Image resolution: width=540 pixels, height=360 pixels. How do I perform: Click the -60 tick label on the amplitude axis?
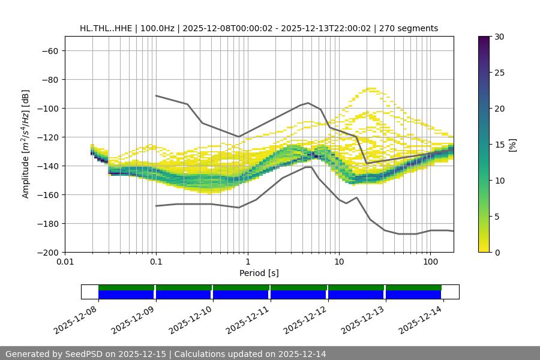(49, 50)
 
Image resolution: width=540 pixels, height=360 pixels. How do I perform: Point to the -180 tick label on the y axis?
(47, 223)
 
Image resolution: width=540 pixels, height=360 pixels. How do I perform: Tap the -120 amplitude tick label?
(47, 137)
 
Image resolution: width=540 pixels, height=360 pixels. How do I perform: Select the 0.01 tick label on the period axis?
(65, 262)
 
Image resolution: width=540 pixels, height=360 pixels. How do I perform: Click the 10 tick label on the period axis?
(339, 262)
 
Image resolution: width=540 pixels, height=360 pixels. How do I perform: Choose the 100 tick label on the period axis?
(430, 262)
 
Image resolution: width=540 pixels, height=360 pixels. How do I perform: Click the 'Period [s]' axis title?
(259, 273)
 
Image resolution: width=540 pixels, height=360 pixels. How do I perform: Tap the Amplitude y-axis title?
(26, 144)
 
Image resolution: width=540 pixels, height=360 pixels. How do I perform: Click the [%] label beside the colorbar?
(512, 145)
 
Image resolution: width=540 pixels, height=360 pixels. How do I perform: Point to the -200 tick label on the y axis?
(47, 252)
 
